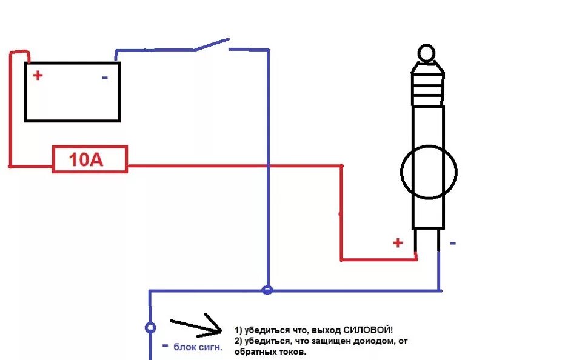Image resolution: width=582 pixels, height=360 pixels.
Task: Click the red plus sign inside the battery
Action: tap(38, 75)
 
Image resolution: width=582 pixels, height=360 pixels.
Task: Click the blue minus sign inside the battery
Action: tap(105, 78)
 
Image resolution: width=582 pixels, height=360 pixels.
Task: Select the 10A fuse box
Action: tap(90, 159)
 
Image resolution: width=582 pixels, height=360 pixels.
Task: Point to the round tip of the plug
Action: tap(427, 53)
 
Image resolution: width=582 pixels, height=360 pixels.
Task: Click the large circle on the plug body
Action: tap(429, 172)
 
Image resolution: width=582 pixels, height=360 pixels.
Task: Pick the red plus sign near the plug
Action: tap(398, 243)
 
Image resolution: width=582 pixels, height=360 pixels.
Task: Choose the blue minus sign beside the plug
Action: tap(453, 243)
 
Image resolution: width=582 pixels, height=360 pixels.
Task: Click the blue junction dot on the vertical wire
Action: tap(267, 290)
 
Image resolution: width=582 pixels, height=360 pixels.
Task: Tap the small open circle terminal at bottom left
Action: tap(150, 327)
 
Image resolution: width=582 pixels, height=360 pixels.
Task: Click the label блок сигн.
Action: tap(198, 347)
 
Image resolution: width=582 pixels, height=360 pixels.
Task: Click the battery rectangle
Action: tap(72, 92)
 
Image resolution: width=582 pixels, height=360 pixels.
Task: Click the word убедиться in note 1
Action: tap(263, 330)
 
